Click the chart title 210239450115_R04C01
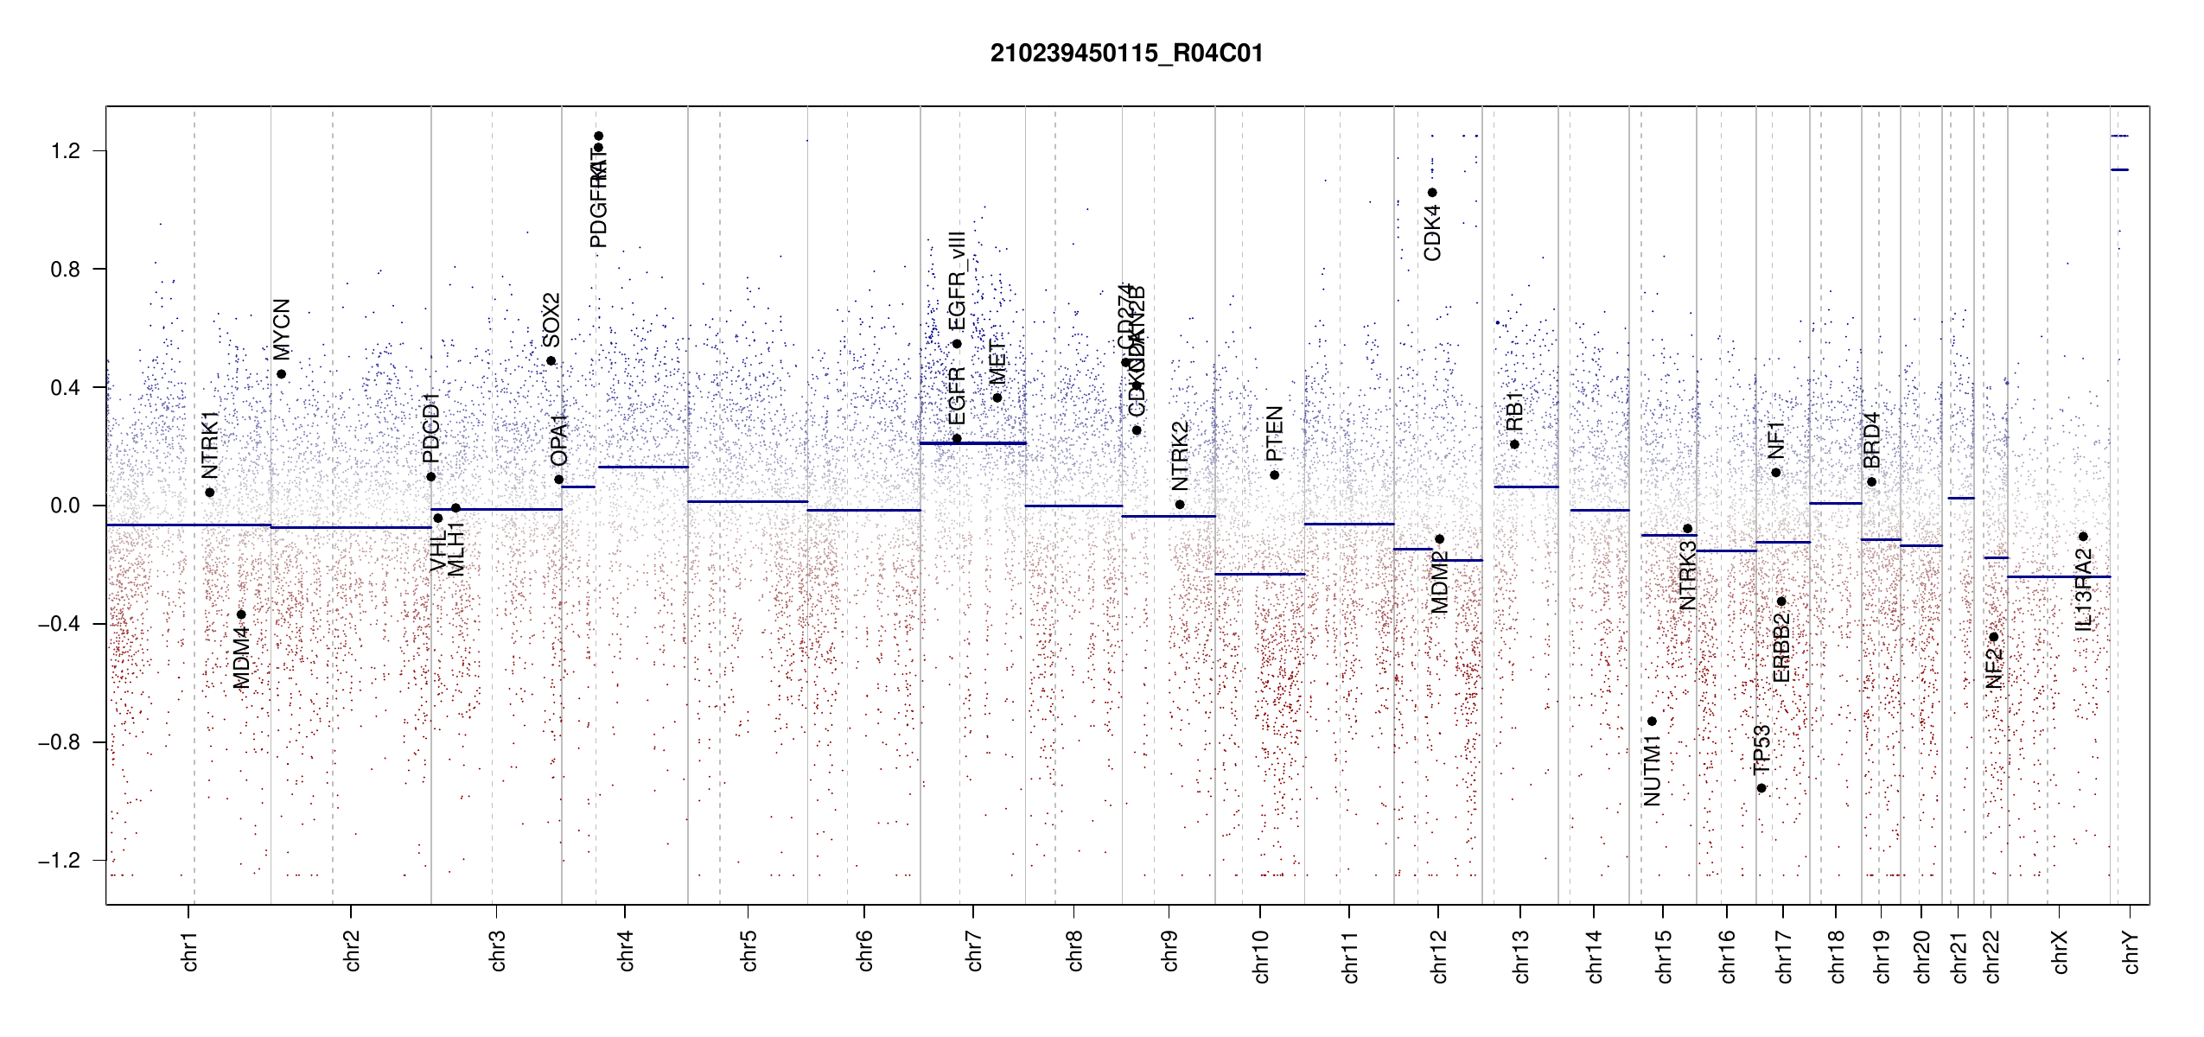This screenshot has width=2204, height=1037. [1126, 54]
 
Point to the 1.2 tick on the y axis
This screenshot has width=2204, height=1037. [66, 151]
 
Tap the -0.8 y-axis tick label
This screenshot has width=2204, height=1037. [59, 742]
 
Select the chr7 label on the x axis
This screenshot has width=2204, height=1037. [974, 951]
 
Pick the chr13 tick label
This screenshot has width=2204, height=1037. [1521, 956]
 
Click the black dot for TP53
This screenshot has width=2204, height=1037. [1761, 788]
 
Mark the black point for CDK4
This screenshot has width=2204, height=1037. [1432, 193]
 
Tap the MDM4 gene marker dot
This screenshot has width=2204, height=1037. [241, 615]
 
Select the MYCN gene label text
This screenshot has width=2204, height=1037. [282, 329]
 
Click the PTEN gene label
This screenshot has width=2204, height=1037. [1274, 434]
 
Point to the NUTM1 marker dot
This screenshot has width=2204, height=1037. [1652, 722]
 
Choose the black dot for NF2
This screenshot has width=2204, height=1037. [1994, 637]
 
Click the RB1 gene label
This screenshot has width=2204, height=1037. [1514, 411]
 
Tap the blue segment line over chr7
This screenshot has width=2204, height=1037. [972, 443]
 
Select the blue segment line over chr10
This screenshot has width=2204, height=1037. [1259, 574]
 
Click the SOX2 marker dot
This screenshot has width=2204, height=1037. [551, 361]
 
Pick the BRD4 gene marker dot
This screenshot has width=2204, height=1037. [1871, 482]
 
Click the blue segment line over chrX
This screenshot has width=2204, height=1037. [2058, 576]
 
